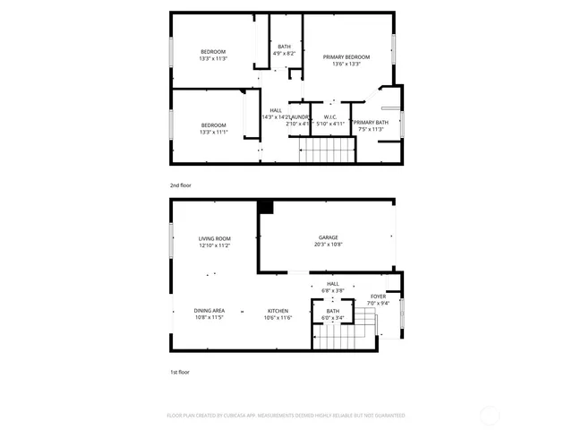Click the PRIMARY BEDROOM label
pyautogui.click(x=346, y=56)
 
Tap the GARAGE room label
pyautogui.click(x=327, y=237)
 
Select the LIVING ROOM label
pyautogui.click(x=215, y=238)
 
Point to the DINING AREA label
pyautogui.click(x=210, y=310)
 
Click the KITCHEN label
pyautogui.click(x=277, y=310)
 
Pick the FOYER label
pyautogui.click(x=379, y=297)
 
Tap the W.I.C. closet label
pyautogui.click(x=330, y=116)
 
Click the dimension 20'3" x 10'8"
pyautogui.click(x=328, y=245)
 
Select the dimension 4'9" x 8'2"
pyautogui.click(x=284, y=54)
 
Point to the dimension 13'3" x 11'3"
pyautogui.click(x=213, y=58)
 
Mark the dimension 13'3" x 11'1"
pyautogui.click(x=213, y=132)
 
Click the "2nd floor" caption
pyautogui.click(x=180, y=185)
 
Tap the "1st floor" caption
pyautogui.click(x=180, y=372)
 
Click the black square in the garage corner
pyautogui.click(x=265, y=207)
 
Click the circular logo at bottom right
pyautogui.click(x=491, y=415)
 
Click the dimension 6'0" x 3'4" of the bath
pyautogui.click(x=333, y=318)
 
